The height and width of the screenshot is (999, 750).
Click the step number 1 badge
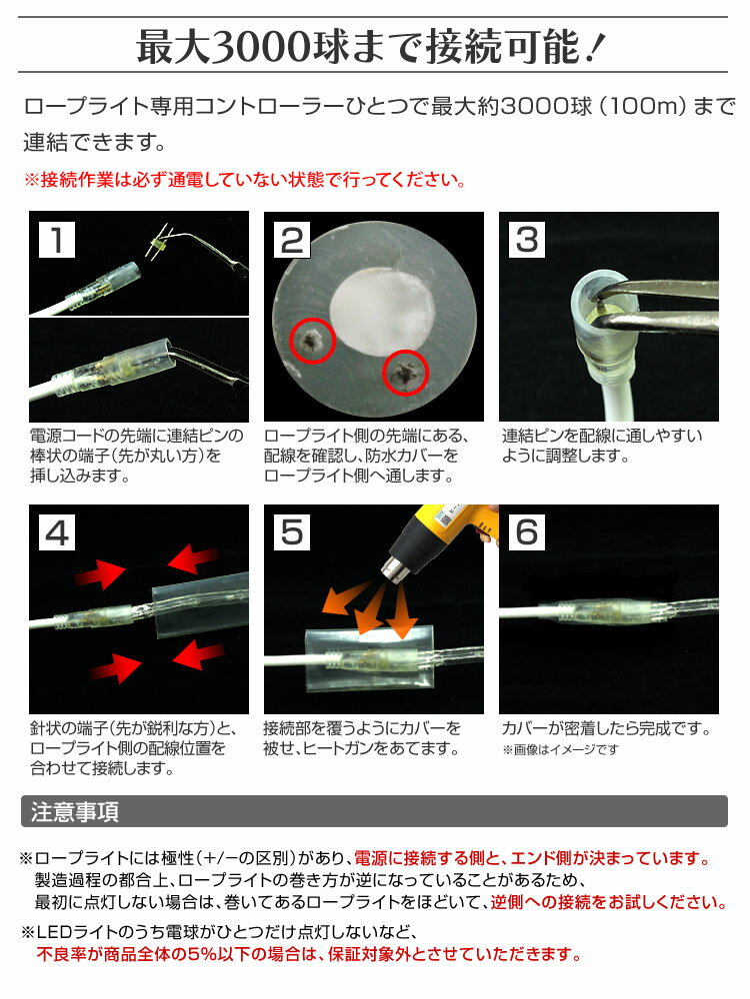[x=57, y=240]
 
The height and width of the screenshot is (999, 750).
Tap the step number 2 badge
[x=292, y=240]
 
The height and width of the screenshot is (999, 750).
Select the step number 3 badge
[x=527, y=240]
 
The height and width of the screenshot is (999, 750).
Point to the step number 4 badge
[x=57, y=532]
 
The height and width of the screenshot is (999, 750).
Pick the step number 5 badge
[x=292, y=532]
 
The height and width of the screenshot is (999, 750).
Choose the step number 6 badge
[x=527, y=532]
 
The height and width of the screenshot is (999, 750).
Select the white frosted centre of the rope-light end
[x=382, y=311]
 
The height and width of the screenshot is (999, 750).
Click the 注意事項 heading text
[x=75, y=811]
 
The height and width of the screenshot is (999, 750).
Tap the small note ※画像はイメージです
[x=560, y=750]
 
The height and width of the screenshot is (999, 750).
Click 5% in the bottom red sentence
[x=200, y=954]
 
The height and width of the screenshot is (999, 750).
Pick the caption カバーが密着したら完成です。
[x=605, y=728]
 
